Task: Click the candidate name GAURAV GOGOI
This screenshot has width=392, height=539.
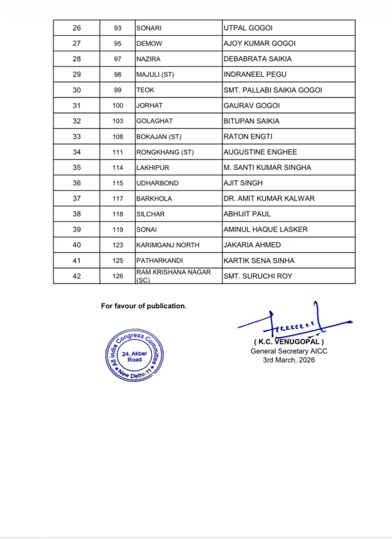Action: (x=251, y=105)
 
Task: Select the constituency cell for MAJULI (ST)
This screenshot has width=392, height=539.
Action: (x=155, y=74)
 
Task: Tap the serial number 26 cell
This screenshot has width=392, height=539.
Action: (x=76, y=28)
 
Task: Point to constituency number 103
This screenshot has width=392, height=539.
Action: (x=117, y=121)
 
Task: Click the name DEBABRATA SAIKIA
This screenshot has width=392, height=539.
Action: (x=258, y=59)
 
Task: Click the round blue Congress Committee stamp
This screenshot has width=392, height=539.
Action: (x=134, y=355)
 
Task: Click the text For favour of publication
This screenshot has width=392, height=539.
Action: (x=143, y=306)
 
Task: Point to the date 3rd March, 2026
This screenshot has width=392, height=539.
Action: (x=289, y=360)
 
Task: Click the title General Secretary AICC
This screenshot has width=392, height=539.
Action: (x=289, y=351)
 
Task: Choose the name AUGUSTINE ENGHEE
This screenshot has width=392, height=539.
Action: (x=260, y=152)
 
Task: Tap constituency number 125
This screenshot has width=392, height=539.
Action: (x=117, y=260)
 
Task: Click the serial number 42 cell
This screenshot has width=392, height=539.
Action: (x=76, y=276)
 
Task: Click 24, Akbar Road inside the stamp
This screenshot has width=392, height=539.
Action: (x=134, y=356)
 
